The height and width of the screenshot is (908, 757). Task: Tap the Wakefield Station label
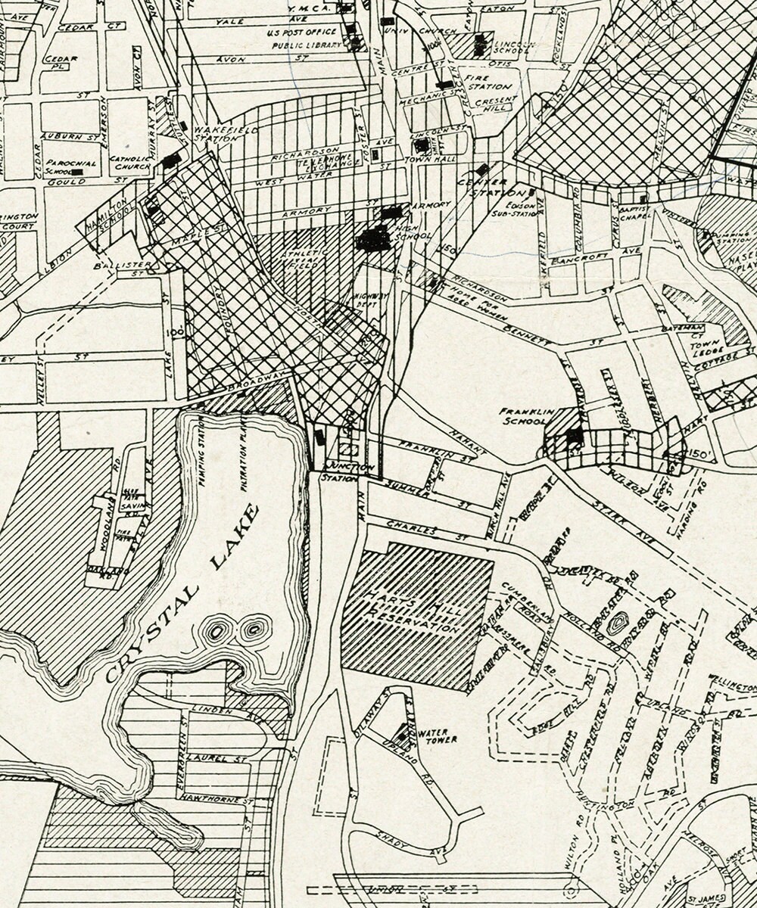[x=216, y=134]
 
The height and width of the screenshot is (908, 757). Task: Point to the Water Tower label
[x=439, y=735]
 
